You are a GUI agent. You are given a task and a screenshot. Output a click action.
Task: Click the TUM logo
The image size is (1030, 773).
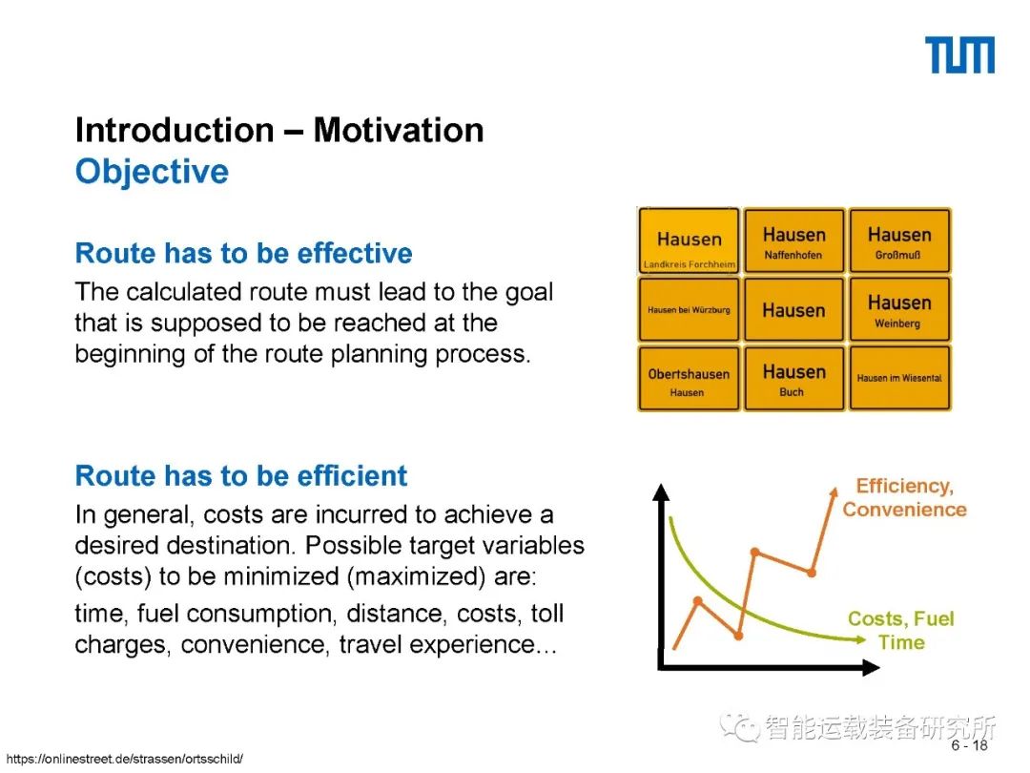[x=959, y=55]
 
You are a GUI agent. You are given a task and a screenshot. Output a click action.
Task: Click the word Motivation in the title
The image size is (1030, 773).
[x=398, y=130]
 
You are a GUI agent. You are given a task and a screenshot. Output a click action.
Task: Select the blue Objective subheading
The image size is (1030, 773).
[x=152, y=172]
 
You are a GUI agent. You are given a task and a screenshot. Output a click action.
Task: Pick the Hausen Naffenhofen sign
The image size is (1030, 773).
[x=793, y=240]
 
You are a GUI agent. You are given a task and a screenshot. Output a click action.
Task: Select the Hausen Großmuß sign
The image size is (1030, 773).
[x=899, y=240]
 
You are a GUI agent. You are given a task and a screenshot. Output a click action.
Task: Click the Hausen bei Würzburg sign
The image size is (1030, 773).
[x=690, y=309]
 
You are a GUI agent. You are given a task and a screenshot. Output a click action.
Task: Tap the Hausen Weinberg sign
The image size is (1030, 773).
[x=899, y=309]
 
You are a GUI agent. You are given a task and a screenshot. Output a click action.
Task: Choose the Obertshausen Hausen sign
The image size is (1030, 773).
[x=690, y=379]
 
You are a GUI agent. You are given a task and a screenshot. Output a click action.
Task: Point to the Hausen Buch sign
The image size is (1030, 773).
[x=793, y=379]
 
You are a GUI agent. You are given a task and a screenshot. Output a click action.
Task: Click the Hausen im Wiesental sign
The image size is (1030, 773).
[x=899, y=379]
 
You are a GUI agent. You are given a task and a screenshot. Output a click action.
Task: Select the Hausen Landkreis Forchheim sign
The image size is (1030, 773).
[x=690, y=240]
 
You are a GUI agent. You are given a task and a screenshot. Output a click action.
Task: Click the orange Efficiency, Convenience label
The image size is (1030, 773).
[x=904, y=497]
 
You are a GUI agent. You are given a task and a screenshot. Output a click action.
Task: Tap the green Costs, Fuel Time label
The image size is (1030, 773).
[x=900, y=631]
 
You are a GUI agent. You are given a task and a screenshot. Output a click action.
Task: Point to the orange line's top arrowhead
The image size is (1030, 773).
[x=834, y=493]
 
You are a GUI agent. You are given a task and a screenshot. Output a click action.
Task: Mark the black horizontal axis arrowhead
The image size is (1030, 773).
[x=871, y=668]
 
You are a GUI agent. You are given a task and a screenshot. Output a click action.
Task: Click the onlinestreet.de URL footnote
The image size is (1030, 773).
[x=124, y=760]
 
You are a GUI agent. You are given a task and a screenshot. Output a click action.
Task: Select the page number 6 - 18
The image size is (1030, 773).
[x=970, y=745]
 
